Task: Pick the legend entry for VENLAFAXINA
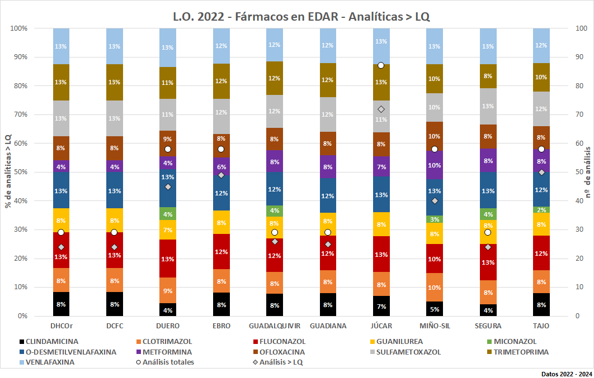click(50, 362)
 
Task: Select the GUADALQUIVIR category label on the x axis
click(274, 326)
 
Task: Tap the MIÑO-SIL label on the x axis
click(434, 326)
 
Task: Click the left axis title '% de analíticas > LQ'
click(8, 171)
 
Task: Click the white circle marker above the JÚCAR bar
click(381, 65)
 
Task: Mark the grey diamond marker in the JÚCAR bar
click(381, 109)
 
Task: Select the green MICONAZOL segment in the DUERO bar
click(168, 213)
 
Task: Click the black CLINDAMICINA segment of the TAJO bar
click(541, 304)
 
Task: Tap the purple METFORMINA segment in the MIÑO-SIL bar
click(435, 165)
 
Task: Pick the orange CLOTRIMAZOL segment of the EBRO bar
click(221, 281)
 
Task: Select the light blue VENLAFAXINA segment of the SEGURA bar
click(488, 46)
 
